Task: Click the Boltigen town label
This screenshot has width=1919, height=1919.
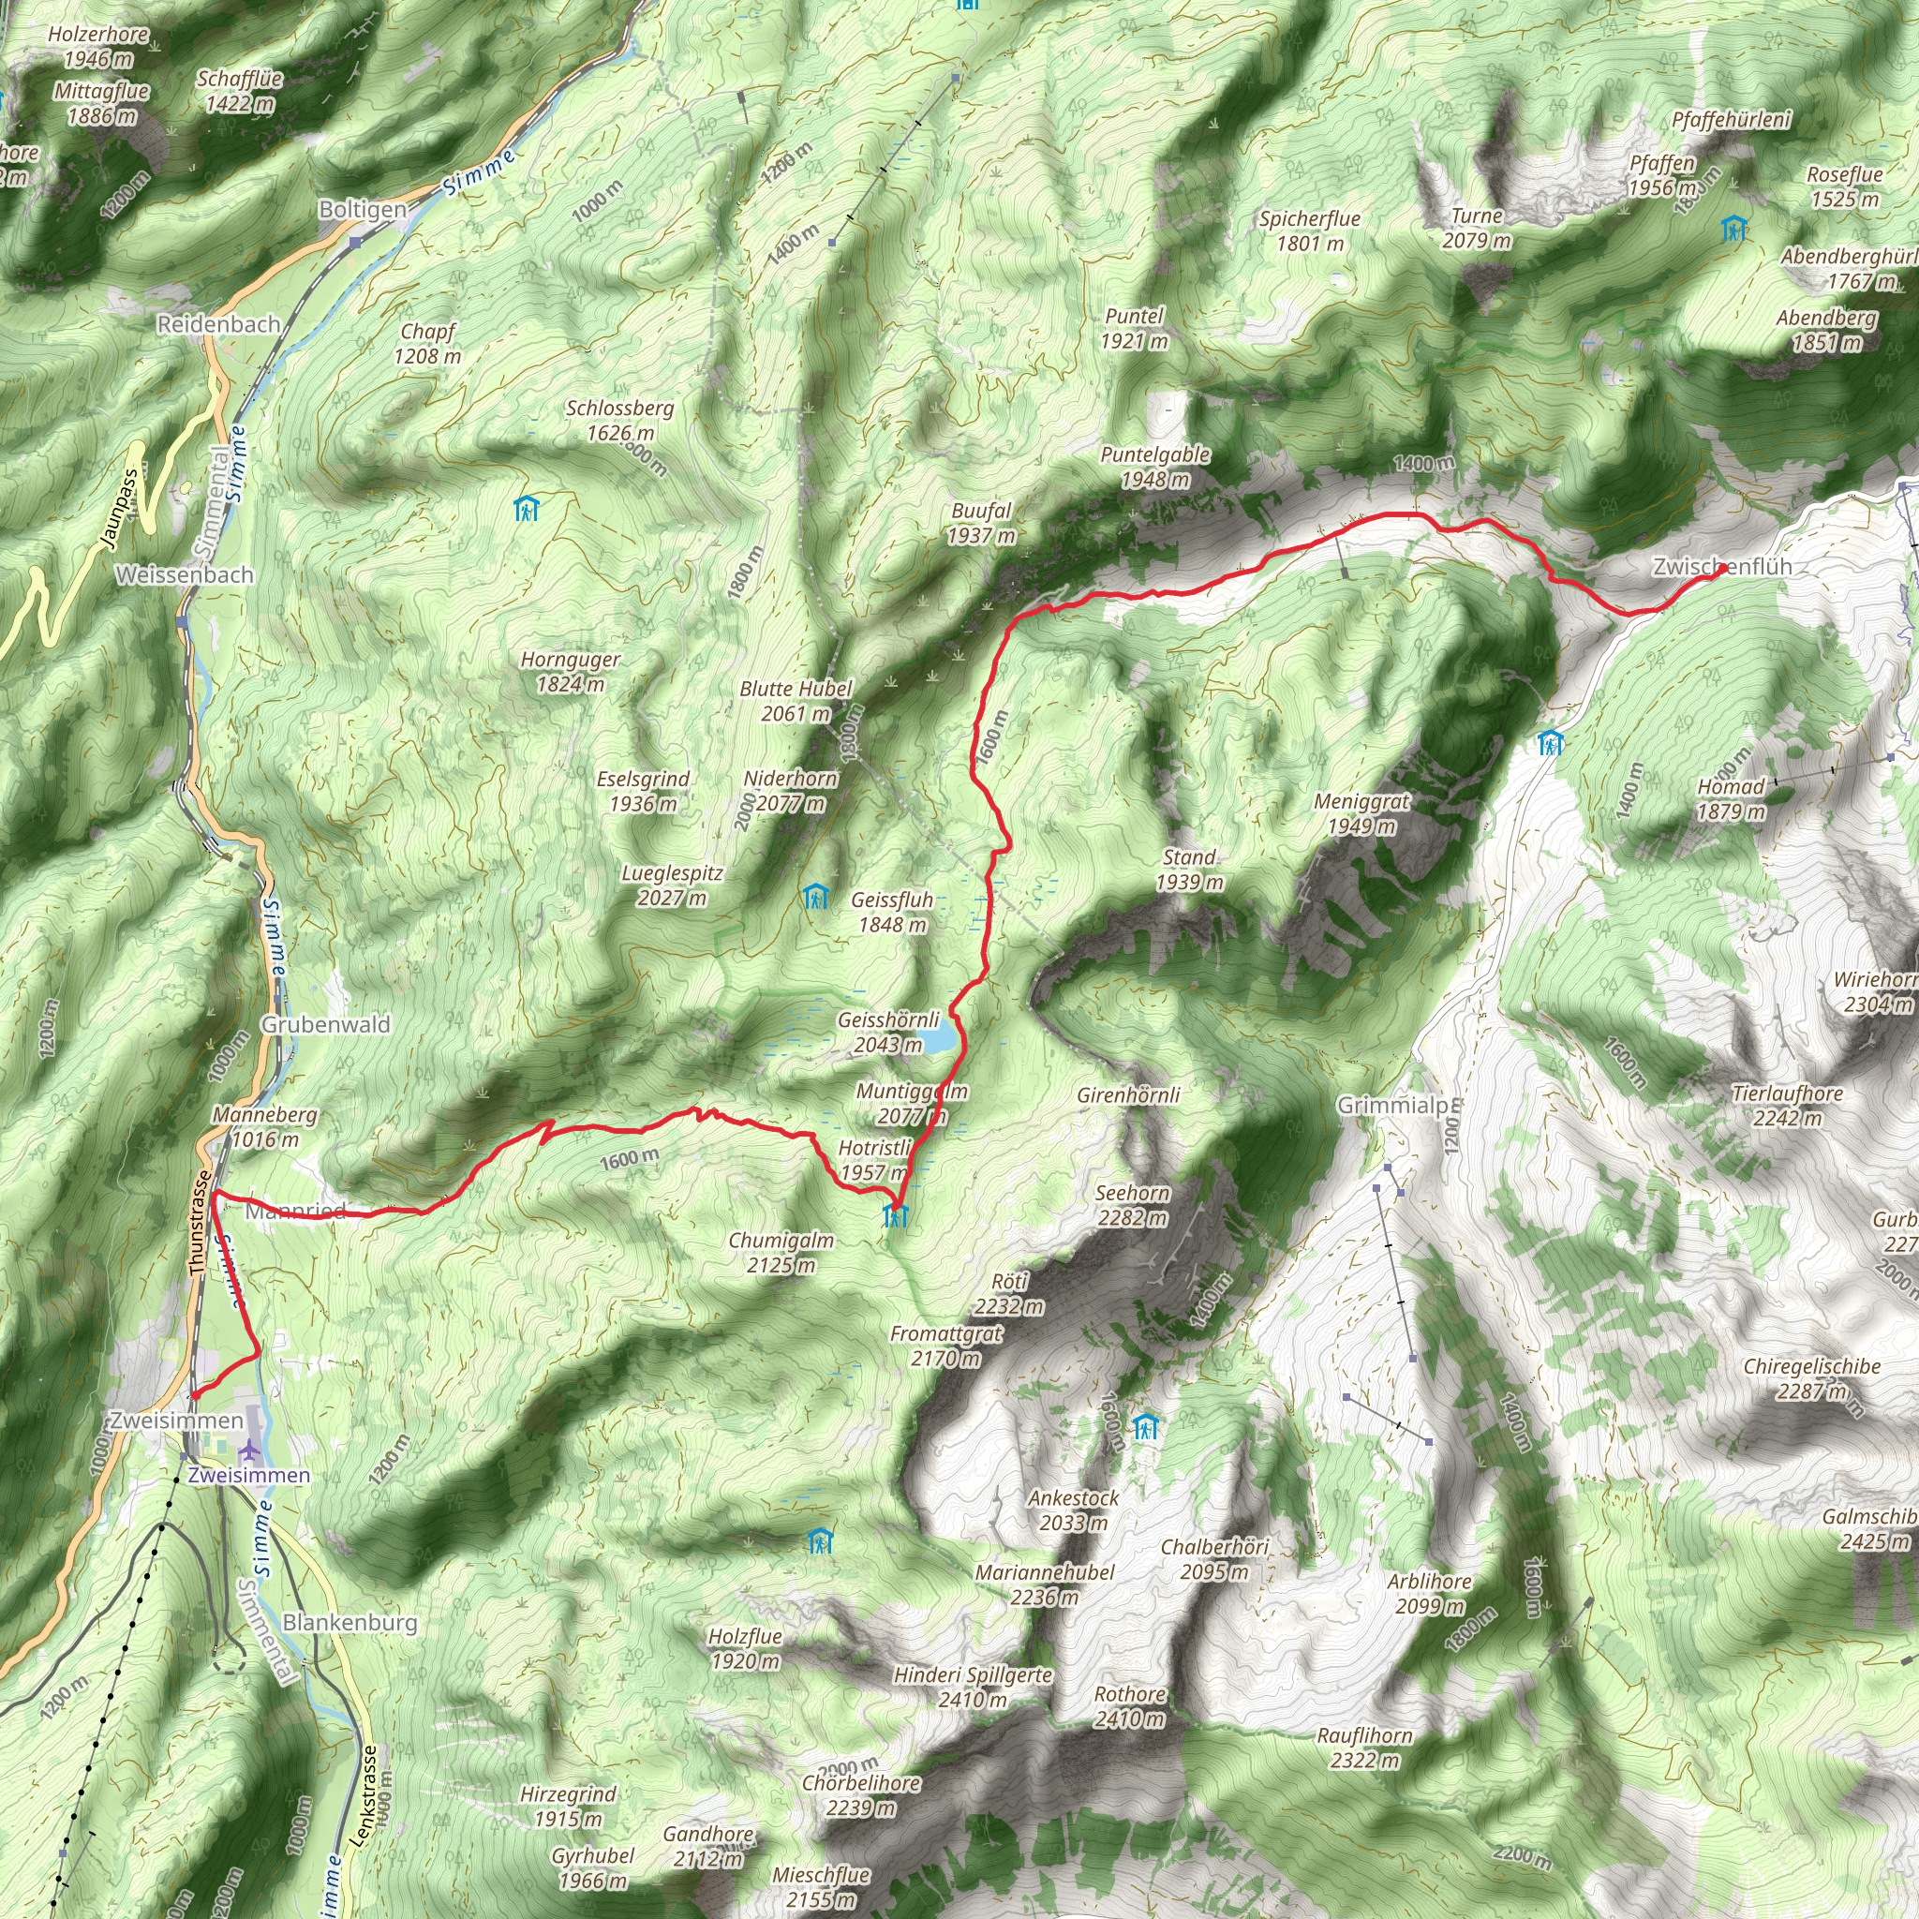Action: tap(363, 210)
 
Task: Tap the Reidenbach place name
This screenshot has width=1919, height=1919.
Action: tap(218, 324)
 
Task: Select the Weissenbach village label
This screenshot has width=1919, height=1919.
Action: tap(184, 574)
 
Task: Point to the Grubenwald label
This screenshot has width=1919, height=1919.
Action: tap(326, 1024)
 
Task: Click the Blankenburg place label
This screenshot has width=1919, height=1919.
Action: tap(350, 1622)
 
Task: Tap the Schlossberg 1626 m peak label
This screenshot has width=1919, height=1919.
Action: tap(619, 420)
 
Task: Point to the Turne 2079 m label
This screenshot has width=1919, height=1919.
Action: tap(1477, 228)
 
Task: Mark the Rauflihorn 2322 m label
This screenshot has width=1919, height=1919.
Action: tap(1364, 1748)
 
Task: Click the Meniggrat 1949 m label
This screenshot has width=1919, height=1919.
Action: tap(1361, 813)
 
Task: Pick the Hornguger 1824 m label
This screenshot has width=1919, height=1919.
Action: tap(570, 672)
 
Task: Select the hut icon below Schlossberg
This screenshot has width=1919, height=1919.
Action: tap(526, 510)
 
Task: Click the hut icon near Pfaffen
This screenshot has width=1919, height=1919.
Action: tap(1733, 229)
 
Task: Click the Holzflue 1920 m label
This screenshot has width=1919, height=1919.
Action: tap(745, 1649)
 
